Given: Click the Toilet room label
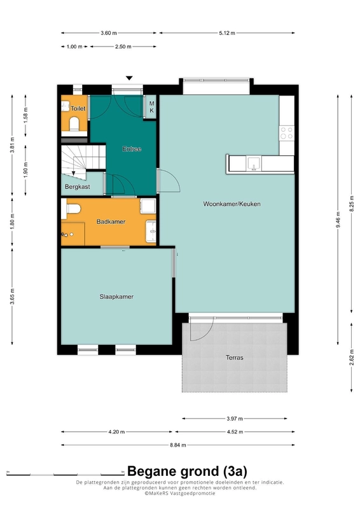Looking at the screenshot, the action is [78, 108].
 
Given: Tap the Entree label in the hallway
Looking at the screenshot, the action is [132, 149].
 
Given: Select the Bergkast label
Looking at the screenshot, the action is [77, 186].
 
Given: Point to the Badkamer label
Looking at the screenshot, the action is [111, 221].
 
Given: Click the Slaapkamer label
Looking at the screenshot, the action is [116, 296].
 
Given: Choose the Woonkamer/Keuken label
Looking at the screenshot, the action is [232, 204].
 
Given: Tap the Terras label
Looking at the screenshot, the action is [234, 358].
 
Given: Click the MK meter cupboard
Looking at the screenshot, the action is [151, 107].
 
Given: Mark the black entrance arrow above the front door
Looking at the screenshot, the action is [129, 78].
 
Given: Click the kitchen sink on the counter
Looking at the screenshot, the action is [254, 164].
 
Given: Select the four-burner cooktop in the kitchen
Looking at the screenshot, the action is [287, 133].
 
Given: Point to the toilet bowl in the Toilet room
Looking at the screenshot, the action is [74, 123].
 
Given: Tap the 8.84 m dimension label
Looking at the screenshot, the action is [178, 445].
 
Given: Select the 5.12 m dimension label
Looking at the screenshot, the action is [227, 33].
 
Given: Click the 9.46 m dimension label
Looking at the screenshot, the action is [338, 220].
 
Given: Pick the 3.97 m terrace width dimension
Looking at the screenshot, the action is [235, 419].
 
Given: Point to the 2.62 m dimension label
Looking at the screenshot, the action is [352, 357].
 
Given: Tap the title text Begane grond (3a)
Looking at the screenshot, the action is [187, 471].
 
